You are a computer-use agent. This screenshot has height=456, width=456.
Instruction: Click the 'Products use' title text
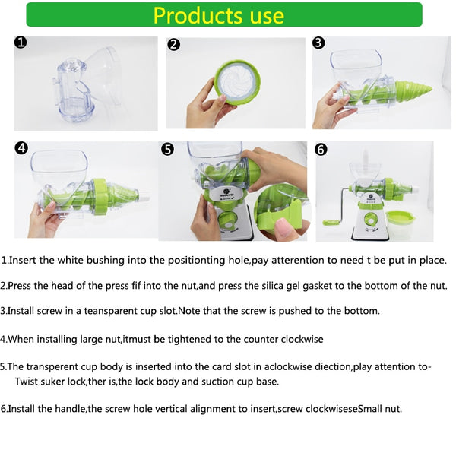click(x=218, y=15)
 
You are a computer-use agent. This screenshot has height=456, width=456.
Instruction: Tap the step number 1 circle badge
click(x=21, y=43)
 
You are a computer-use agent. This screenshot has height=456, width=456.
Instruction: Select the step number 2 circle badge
click(x=174, y=44)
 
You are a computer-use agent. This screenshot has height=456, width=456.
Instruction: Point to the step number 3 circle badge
click(x=318, y=43)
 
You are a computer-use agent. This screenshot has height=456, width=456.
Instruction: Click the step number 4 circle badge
click(x=21, y=148)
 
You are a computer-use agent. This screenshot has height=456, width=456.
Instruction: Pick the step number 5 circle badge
click(x=169, y=150)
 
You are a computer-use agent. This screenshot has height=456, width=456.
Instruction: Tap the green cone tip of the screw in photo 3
click(x=415, y=92)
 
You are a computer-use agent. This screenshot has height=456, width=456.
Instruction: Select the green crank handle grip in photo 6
click(x=332, y=223)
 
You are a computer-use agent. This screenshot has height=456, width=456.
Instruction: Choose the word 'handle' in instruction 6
click(x=69, y=409)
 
